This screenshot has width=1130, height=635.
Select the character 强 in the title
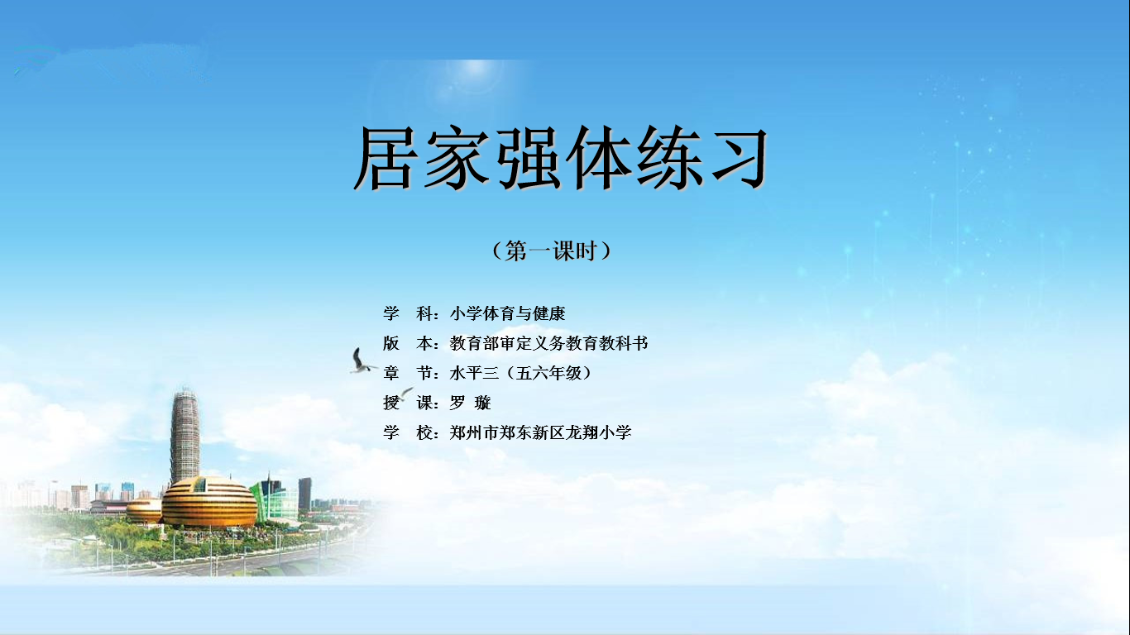527,159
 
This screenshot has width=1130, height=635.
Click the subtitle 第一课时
552,251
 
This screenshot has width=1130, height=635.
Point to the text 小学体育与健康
507,313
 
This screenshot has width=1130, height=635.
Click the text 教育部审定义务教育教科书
548,343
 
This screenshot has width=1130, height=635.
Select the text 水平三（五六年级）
520,373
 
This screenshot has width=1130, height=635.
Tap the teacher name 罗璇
470,403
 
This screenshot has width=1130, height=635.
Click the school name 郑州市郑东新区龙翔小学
540,432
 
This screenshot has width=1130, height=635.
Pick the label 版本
408,343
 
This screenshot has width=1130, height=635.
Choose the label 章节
408,373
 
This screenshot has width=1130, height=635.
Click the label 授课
408,403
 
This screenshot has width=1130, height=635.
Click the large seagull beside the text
362,360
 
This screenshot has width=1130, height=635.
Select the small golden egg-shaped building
144,510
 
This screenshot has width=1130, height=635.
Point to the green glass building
275,500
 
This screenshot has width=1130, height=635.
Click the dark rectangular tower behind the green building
304,494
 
